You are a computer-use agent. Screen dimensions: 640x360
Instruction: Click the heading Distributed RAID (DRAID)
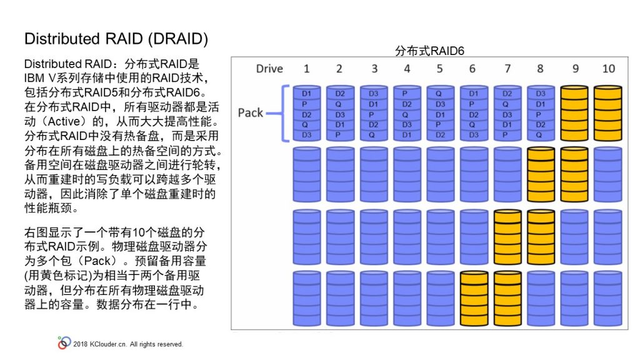[x=116, y=39]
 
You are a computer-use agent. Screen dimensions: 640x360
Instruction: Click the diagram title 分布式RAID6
[x=429, y=51]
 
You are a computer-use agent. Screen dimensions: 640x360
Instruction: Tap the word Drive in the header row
[x=269, y=69]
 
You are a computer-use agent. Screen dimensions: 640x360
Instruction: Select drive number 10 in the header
[x=608, y=69]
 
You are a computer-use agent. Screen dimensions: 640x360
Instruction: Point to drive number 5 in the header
[x=439, y=69]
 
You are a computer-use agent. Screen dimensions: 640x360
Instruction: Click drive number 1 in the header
[x=306, y=69]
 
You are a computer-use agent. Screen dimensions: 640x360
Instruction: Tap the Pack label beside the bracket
[x=250, y=112]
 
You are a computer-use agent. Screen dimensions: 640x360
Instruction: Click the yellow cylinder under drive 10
[x=607, y=113]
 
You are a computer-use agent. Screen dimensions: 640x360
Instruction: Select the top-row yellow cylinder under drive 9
[x=574, y=113]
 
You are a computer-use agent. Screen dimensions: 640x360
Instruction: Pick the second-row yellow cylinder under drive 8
[x=541, y=175]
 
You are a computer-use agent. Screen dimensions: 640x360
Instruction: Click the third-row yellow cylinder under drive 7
[x=507, y=237]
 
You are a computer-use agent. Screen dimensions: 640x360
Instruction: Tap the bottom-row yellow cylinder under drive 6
[x=474, y=298]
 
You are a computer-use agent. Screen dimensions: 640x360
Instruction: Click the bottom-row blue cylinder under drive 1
[x=306, y=298]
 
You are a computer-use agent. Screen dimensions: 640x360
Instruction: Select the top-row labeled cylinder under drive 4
[x=407, y=113]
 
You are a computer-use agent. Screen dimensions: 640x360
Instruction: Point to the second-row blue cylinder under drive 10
[x=607, y=175]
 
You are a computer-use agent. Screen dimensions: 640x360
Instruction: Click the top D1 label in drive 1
[x=306, y=94]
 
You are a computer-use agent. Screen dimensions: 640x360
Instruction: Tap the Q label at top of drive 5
[x=439, y=94]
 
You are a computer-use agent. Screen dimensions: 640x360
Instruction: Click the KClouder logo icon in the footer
[x=64, y=343]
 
